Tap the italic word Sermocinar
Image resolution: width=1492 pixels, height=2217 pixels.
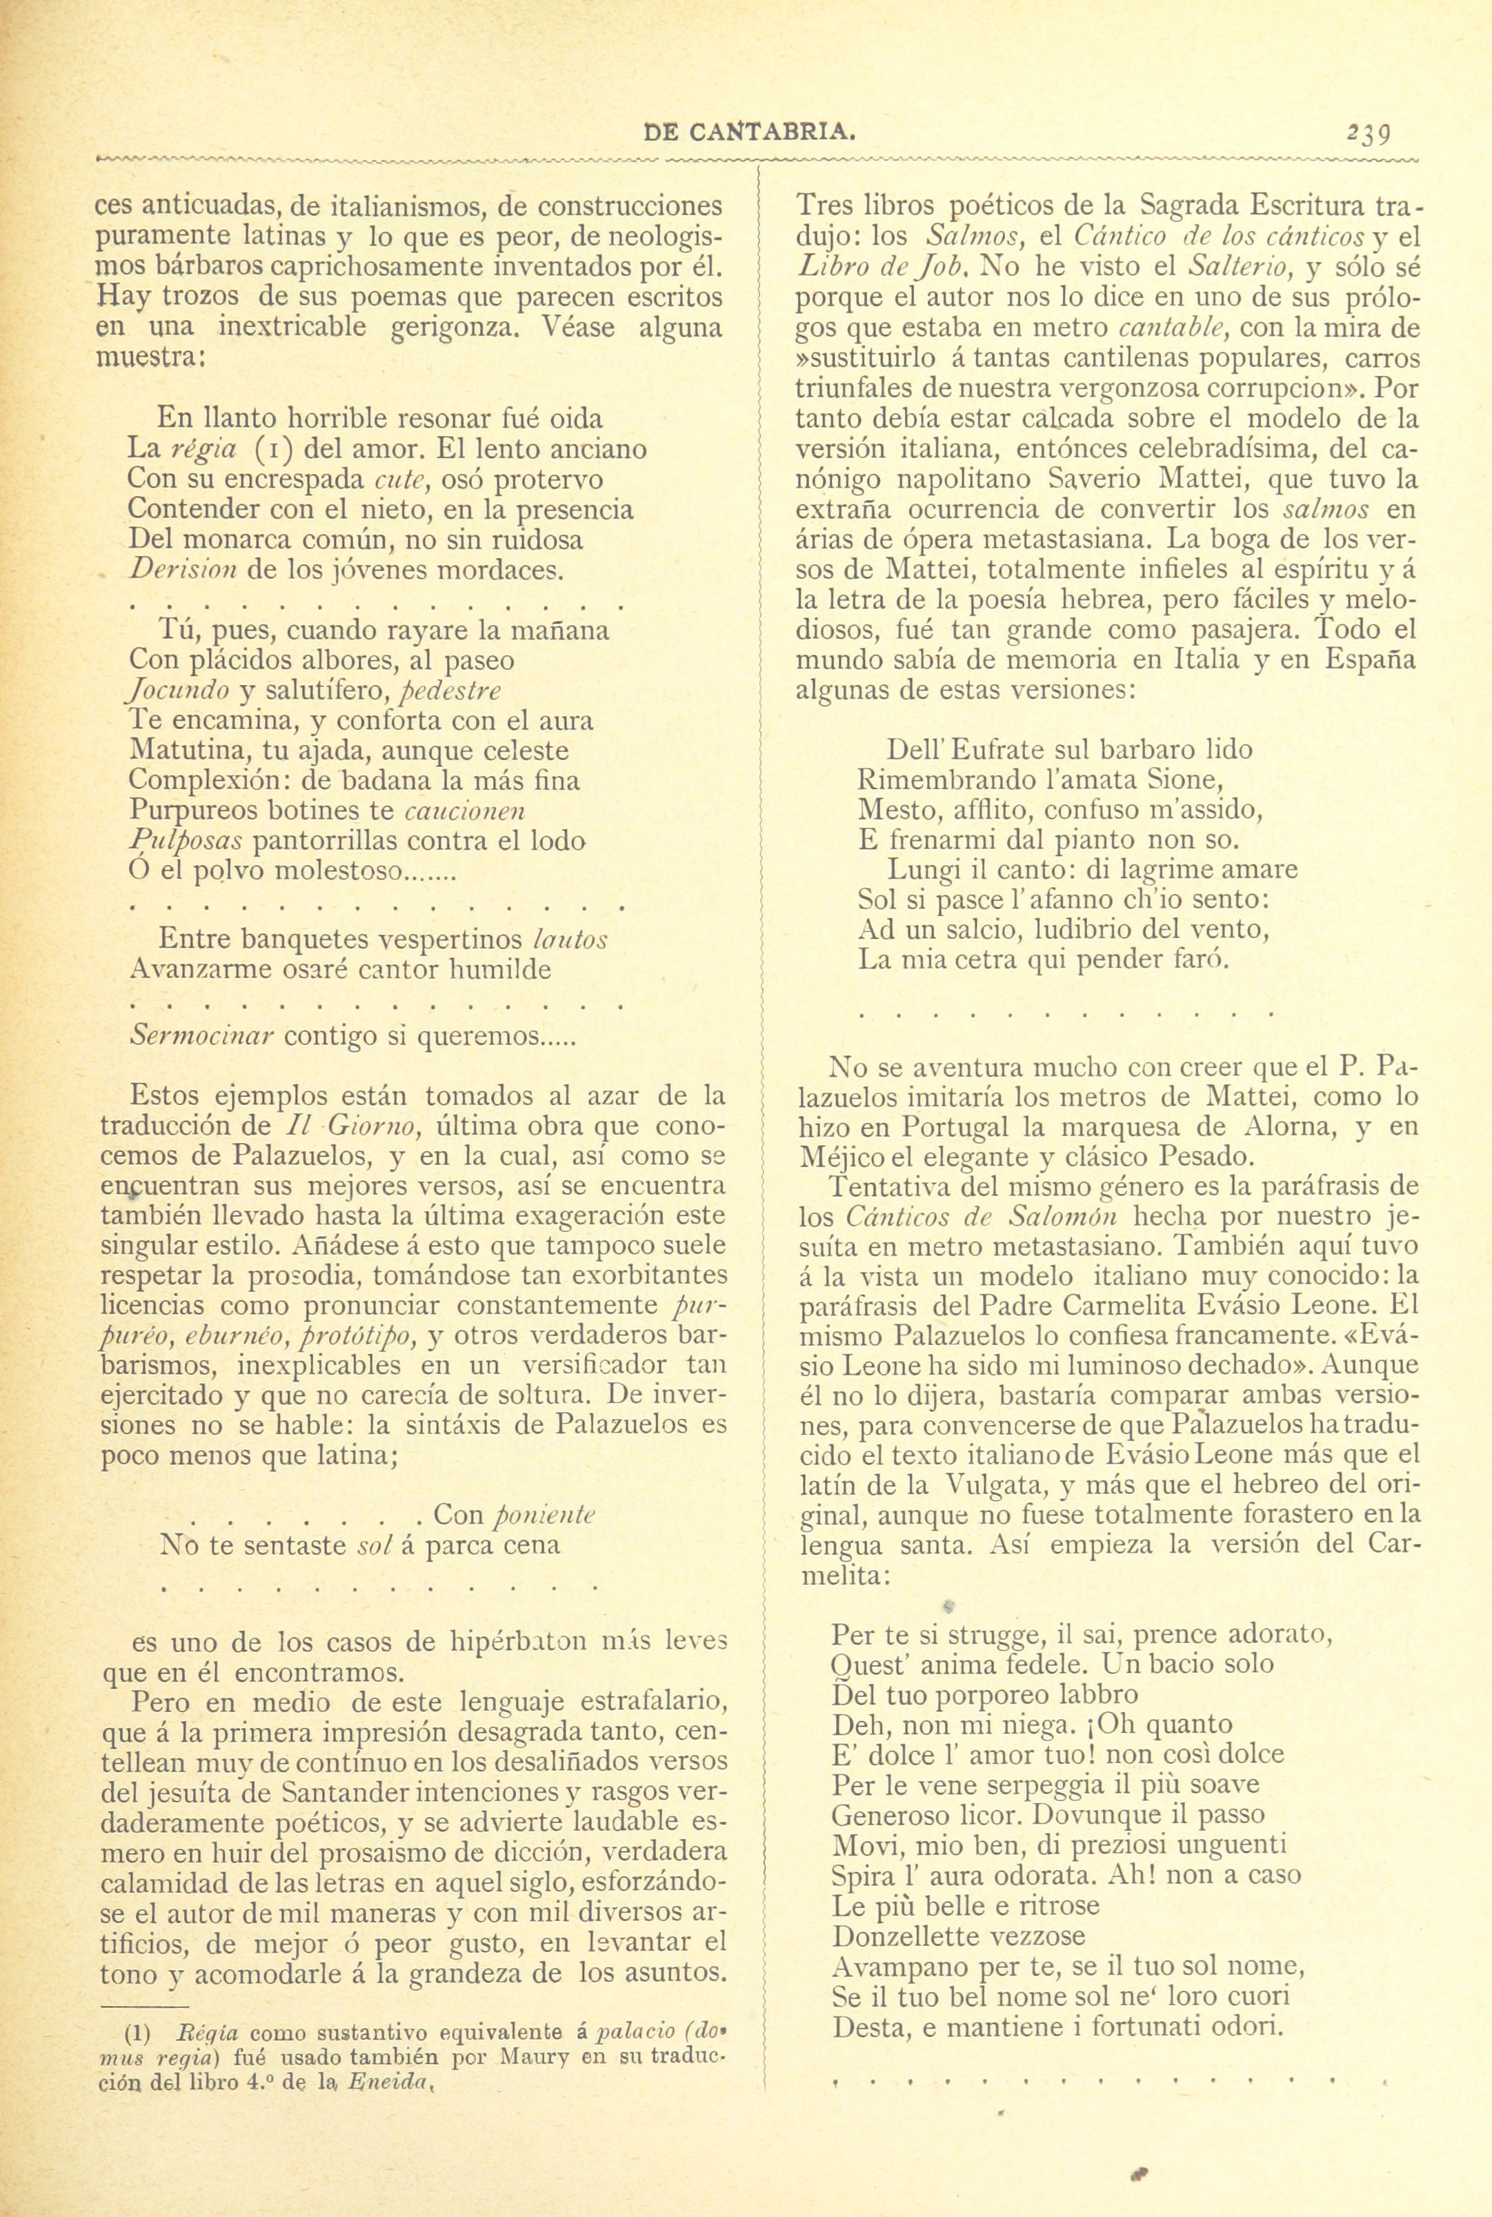tap(201, 1035)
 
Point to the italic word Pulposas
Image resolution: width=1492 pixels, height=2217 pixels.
tap(185, 842)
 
